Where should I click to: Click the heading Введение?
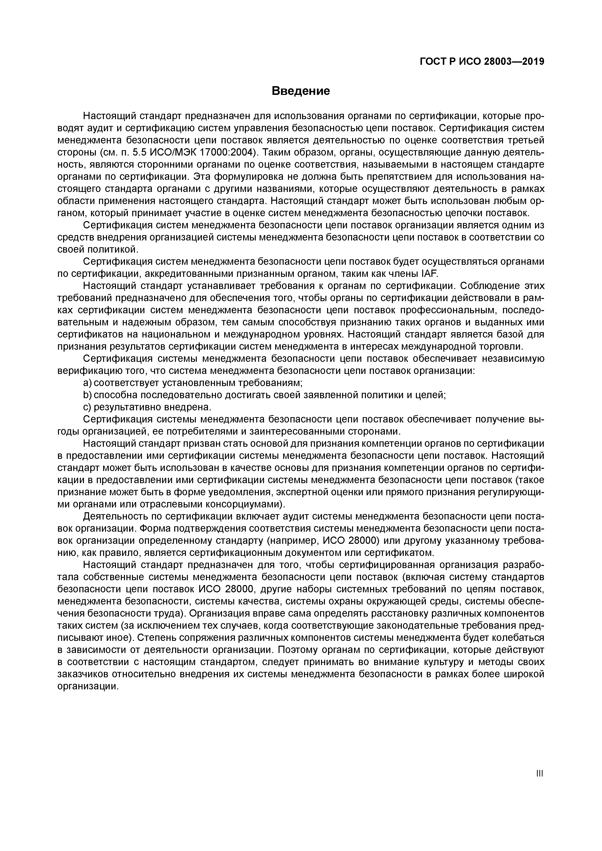pyautogui.click(x=301, y=91)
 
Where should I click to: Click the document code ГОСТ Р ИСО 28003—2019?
pyautogui.click(x=482, y=62)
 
